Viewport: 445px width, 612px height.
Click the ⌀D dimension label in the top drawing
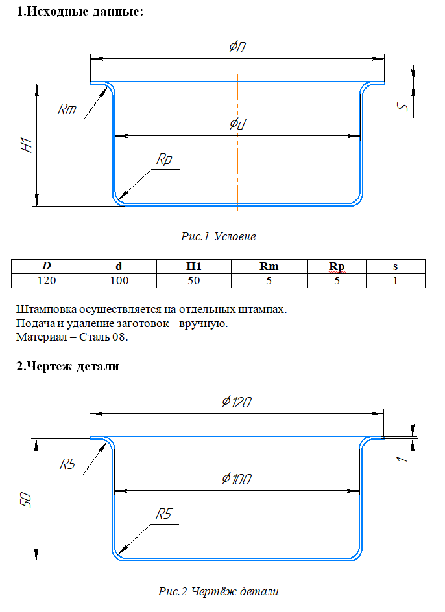(x=237, y=47)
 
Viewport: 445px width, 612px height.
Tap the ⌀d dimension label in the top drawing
(x=237, y=124)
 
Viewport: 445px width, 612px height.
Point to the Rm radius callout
(x=67, y=109)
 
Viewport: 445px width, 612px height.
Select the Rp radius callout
(x=164, y=159)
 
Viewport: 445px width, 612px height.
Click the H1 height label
(x=26, y=145)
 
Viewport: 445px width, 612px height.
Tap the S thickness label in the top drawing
(x=402, y=107)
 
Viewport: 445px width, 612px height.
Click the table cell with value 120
(x=47, y=280)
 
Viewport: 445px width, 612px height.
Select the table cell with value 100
(x=119, y=280)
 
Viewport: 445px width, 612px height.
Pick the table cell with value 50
(x=194, y=280)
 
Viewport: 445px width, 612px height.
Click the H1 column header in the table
(x=194, y=266)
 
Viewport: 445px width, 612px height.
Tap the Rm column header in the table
(x=269, y=266)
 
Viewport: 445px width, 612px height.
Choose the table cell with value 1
(x=395, y=280)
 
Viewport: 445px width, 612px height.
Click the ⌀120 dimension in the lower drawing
(x=237, y=402)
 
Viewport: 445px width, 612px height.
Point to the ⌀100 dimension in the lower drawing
(x=237, y=479)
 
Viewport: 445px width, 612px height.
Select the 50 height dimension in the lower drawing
(x=25, y=500)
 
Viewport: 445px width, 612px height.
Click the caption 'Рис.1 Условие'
(x=218, y=236)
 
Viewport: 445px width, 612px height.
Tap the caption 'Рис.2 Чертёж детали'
(x=218, y=591)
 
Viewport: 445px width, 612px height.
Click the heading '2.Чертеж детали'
(x=67, y=367)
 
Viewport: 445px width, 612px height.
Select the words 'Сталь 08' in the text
(x=103, y=337)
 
